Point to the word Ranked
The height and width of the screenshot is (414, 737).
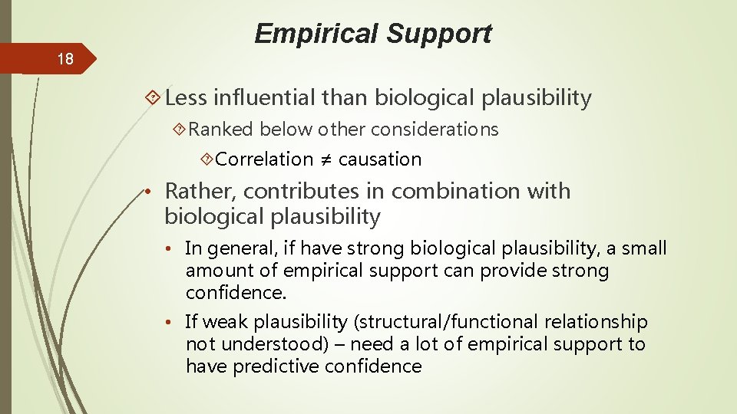221,130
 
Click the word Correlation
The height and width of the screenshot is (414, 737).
264,159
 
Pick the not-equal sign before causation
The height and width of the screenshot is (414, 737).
326,160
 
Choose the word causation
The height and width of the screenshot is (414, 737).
380,159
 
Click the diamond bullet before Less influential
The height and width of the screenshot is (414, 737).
153,98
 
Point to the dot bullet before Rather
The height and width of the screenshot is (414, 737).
154,192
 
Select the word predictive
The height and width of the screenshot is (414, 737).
274,366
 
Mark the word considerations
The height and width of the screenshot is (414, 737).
435,130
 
